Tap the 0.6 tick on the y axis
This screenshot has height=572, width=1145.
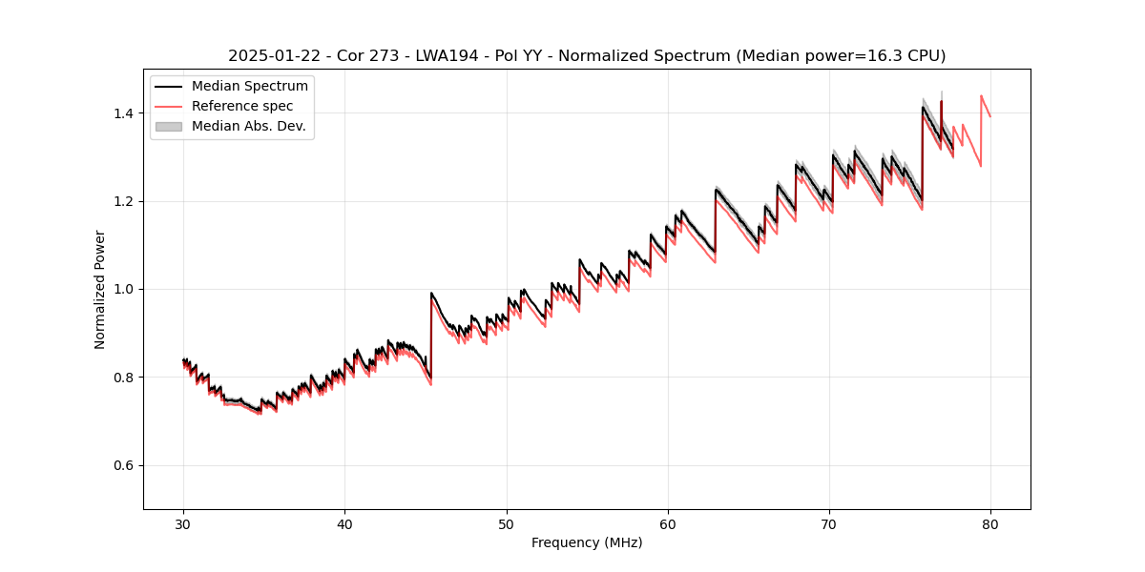coord(124,465)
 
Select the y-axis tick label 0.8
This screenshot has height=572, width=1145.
coord(124,378)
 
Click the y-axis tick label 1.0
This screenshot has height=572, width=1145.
coord(124,289)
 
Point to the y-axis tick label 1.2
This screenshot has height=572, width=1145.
coord(124,201)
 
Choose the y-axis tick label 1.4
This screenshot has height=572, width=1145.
coord(124,113)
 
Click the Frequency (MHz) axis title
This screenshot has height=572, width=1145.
coord(587,542)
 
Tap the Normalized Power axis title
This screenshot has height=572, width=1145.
coord(100,289)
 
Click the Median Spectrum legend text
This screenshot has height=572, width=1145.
coord(249,87)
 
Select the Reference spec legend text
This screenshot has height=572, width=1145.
coord(242,106)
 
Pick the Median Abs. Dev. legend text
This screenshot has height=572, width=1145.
coord(248,126)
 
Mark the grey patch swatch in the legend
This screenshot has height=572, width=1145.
coord(169,126)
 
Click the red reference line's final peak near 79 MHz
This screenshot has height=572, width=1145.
coord(981,96)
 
